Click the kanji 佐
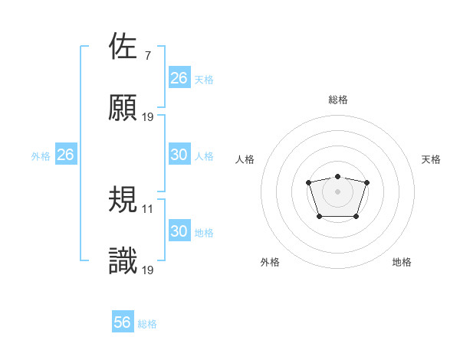click(x=123, y=47)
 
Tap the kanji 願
click(x=123, y=108)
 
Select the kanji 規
click(x=123, y=200)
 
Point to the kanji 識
click(x=123, y=261)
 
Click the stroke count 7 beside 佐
click(x=148, y=56)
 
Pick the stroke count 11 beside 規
click(x=149, y=208)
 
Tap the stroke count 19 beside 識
click(x=149, y=270)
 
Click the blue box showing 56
click(x=123, y=322)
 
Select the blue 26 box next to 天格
click(x=179, y=78)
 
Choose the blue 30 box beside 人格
click(x=179, y=155)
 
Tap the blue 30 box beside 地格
click(x=179, y=231)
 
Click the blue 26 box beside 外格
click(x=66, y=155)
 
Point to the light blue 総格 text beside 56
click(x=147, y=324)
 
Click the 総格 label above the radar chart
click(x=337, y=100)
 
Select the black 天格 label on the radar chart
click(x=431, y=159)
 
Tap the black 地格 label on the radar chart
click(x=402, y=262)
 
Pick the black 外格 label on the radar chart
click(x=270, y=262)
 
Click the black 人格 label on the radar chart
click(x=245, y=159)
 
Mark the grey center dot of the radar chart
click(x=337, y=191)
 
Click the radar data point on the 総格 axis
click(x=337, y=176)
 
